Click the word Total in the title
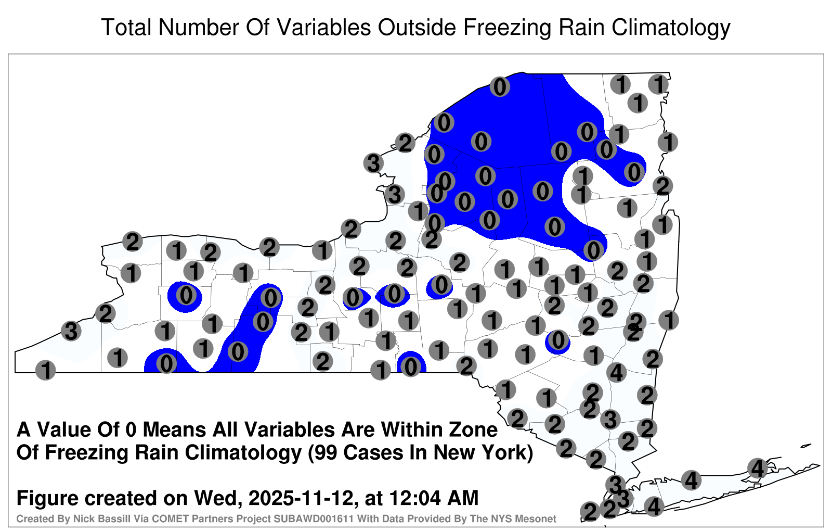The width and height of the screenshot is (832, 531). click(x=126, y=27)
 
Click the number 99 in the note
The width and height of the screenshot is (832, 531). click(x=330, y=453)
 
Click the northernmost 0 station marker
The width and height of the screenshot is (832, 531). click(x=500, y=87)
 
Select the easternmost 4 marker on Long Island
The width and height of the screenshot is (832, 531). click(x=757, y=468)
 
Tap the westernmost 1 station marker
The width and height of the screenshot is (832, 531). click(x=45, y=370)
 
